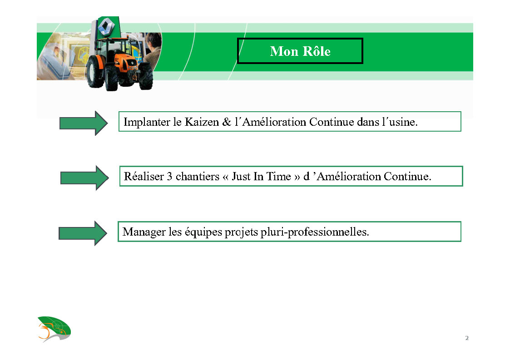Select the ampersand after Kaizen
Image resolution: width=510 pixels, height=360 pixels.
click(227, 122)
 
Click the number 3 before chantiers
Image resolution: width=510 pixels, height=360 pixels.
click(169, 177)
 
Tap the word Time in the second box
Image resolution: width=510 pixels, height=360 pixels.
click(278, 177)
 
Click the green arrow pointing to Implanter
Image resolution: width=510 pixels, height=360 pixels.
click(84, 123)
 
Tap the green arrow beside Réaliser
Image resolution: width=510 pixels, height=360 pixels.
click(84, 178)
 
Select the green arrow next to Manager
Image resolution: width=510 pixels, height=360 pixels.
click(83, 233)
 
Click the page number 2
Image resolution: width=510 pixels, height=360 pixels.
click(467, 338)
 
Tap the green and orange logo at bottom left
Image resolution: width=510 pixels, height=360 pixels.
click(54, 329)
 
